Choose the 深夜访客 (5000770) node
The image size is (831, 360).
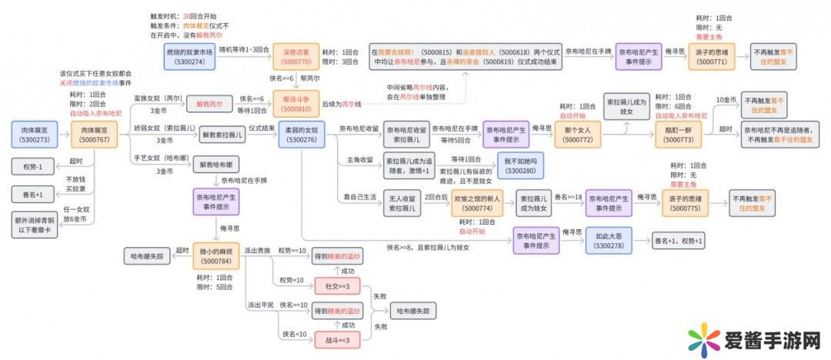[x=296, y=55]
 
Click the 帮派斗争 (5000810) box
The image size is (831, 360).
[x=296, y=104]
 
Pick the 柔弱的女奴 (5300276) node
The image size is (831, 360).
[x=301, y=135]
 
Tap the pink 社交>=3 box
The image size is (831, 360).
[x=337, y=286]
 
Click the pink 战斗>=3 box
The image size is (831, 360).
[x=337, y=340]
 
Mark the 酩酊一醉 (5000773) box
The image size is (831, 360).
[x=678, y=135]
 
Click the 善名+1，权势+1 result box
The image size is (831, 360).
[x=678, y=240]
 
